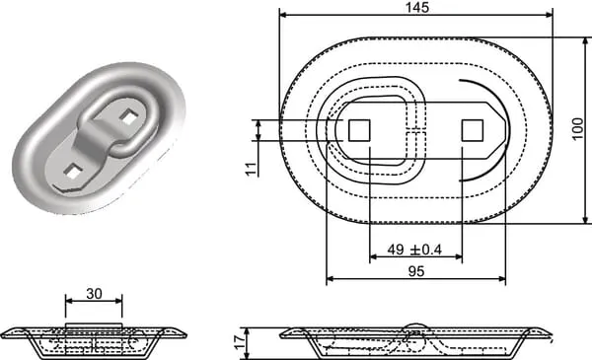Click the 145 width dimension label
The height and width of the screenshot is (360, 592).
click(x=417, y=7)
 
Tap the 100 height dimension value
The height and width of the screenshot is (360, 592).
click(x=577, y=129)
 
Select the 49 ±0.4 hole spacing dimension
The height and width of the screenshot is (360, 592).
click(x=414, y=250)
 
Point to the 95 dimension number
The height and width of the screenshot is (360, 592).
click(x=416, y=271)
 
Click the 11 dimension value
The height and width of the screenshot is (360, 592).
click(x=252, y=169)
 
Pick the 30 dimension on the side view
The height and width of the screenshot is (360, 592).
click(x=94, y=293)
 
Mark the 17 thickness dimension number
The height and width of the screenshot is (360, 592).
click(x=240, y=343)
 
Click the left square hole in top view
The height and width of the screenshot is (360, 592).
click(x=359, y=130)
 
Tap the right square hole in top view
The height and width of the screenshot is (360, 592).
click(x=473, y=130)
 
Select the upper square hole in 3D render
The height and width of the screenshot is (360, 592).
click(x=128, y=117)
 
